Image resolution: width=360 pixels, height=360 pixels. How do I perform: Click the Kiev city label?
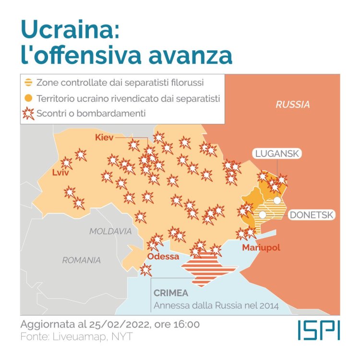[104, 138]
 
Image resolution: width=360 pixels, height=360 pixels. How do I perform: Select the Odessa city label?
[163, 256]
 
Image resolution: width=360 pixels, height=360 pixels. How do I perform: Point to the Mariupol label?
[261, 248]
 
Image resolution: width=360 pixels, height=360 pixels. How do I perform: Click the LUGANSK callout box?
[277, 154]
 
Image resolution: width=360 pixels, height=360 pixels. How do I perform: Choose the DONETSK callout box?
[311, 215]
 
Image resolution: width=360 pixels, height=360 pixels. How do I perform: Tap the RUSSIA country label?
[292, 105]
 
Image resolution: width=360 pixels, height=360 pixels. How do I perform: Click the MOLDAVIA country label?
[110, 231]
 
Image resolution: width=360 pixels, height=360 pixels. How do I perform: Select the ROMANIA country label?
[82, 260]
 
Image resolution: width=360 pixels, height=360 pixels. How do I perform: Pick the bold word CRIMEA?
[171, 293]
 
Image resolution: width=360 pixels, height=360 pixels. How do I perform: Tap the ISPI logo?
[318, 330]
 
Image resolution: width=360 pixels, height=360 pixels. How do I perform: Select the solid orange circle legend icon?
[29, 98]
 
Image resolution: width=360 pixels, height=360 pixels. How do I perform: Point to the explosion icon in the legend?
[29, 113]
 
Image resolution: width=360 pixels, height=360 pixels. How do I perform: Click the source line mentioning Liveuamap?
[76, 336]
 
